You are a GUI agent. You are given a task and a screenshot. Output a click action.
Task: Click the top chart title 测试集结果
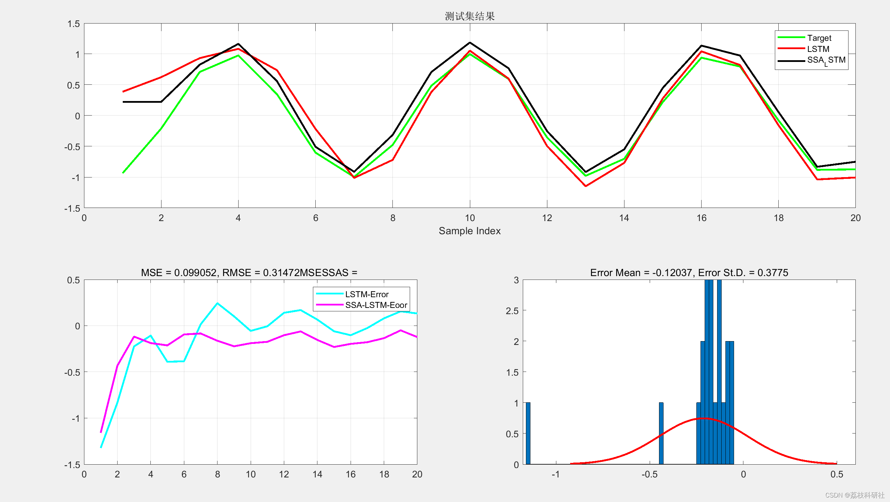(470, 16)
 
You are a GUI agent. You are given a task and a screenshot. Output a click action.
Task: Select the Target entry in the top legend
(819, 38)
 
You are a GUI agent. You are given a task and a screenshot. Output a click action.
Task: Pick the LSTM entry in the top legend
(818, 49)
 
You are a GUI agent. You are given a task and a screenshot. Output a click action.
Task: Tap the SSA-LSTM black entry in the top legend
(826, 60)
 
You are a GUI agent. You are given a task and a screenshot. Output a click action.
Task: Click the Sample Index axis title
(470, 231)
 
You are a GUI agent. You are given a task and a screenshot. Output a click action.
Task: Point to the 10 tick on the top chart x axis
(470, 218)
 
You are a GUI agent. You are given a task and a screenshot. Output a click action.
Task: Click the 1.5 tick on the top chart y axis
(74, 24)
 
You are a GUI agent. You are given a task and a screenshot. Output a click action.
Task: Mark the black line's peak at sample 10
(470, 43)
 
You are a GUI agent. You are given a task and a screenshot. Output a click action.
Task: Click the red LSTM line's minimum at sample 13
(586, 186)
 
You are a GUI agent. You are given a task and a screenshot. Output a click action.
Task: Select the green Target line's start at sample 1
(123, 173)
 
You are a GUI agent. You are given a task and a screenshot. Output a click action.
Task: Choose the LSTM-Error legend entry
(367, 294)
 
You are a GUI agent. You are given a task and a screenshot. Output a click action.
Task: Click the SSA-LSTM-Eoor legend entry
(376, 305)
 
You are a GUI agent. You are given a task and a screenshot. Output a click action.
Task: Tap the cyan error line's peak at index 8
(217, 303)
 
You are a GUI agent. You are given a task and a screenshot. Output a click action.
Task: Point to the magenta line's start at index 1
(101, 432)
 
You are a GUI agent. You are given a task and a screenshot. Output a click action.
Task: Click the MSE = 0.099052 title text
(249, 273)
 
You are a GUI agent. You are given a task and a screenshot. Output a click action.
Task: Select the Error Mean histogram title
(689, 273)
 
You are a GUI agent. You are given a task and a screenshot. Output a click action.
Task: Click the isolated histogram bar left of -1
(528, 433)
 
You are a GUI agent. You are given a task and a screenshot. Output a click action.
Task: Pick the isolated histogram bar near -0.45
(661, 433)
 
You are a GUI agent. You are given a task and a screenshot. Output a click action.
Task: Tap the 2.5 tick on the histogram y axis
(512, 311)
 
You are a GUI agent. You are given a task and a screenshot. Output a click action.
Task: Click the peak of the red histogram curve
(703, 419)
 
